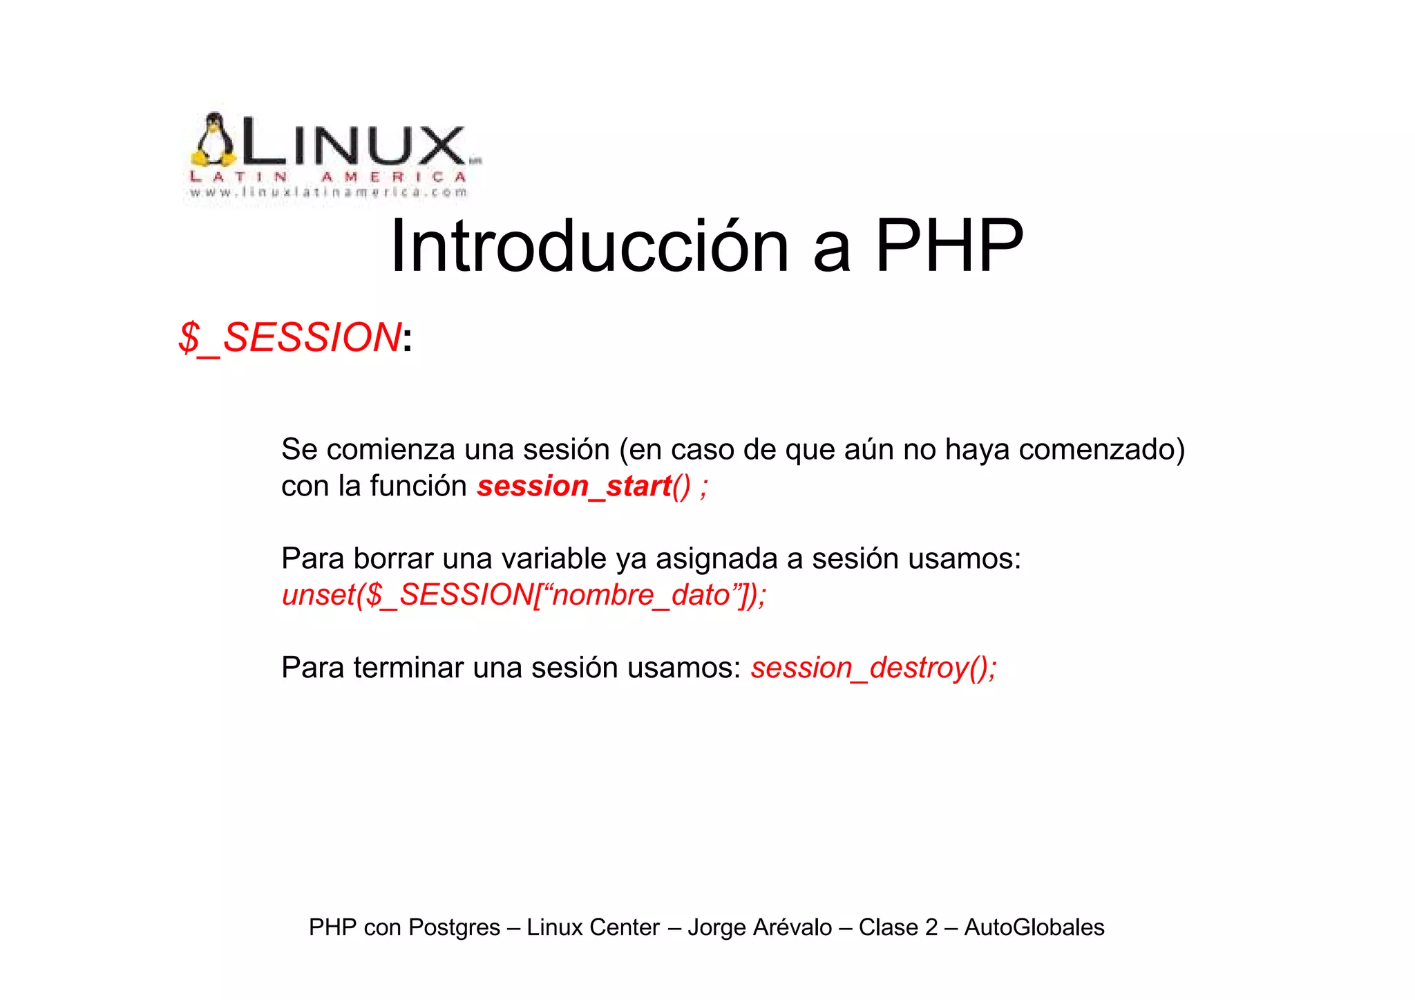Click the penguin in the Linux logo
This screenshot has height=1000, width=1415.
pos(213,141)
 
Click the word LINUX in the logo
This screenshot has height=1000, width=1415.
pos(352,144)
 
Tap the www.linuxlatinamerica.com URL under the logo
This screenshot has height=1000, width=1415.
pos(329,192)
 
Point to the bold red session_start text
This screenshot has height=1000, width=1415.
pos(574,486)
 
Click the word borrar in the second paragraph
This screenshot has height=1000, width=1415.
pos(393,558)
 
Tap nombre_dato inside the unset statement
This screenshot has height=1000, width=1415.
pos(641,595)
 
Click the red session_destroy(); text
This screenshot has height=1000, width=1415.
pos(873,668)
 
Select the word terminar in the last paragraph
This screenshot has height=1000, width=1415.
pos(408,668)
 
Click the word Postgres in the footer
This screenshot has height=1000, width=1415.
pos(454,927)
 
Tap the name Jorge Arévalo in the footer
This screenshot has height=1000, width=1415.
pos(759,927)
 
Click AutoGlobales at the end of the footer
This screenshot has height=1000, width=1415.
pos(1034,927)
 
